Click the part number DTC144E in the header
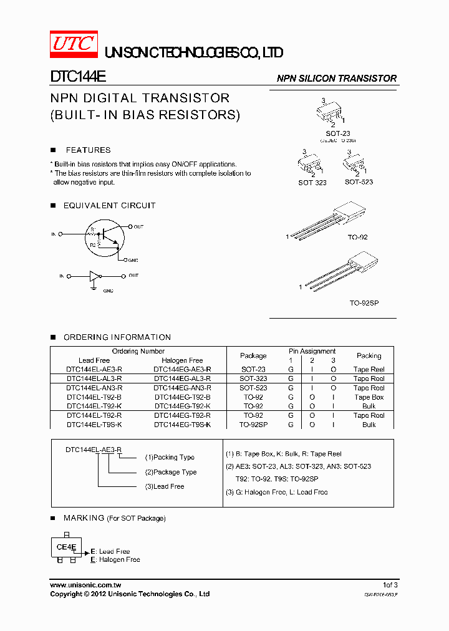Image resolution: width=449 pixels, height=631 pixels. pyautogui.click(x=78, y=76)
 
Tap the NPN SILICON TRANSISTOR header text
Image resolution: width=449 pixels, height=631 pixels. pyautogui.click(x=337, y=79)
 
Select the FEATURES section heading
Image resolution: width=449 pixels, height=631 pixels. pyautogui.click(x=88, y=150)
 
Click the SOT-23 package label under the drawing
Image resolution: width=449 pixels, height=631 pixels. pyautogui.click(x=338, y=133)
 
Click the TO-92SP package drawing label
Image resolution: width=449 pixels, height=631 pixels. pyautogui.click(x=364, y=302)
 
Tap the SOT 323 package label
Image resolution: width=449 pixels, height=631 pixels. pyautogui.click(x=312, y=183)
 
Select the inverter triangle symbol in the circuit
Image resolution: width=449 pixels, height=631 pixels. pyautogui.click(x=94, y=276)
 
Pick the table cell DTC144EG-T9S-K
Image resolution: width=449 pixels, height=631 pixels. pyautogui.click(x=182, y=425)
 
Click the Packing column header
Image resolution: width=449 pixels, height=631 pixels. pyautogui.click(x=369, y=355)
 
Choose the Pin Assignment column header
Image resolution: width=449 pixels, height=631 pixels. pyautogui.click(x=312, y=351)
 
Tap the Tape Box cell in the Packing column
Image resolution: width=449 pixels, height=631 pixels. pyautogui.click(x=369, y=397)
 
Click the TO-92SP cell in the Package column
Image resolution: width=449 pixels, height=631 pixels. pyautogui.click(x=253, y=425)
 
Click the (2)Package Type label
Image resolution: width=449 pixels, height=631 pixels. pyautogui.click(x=170, y=472)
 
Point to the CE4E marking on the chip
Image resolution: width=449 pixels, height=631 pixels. pyautogui.click(x=66, y=547)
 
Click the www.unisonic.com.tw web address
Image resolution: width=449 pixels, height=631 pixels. pyautogui.click(x=85, y=585)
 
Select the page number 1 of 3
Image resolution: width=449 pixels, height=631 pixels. pyautogui.click(x=390, y=585)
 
